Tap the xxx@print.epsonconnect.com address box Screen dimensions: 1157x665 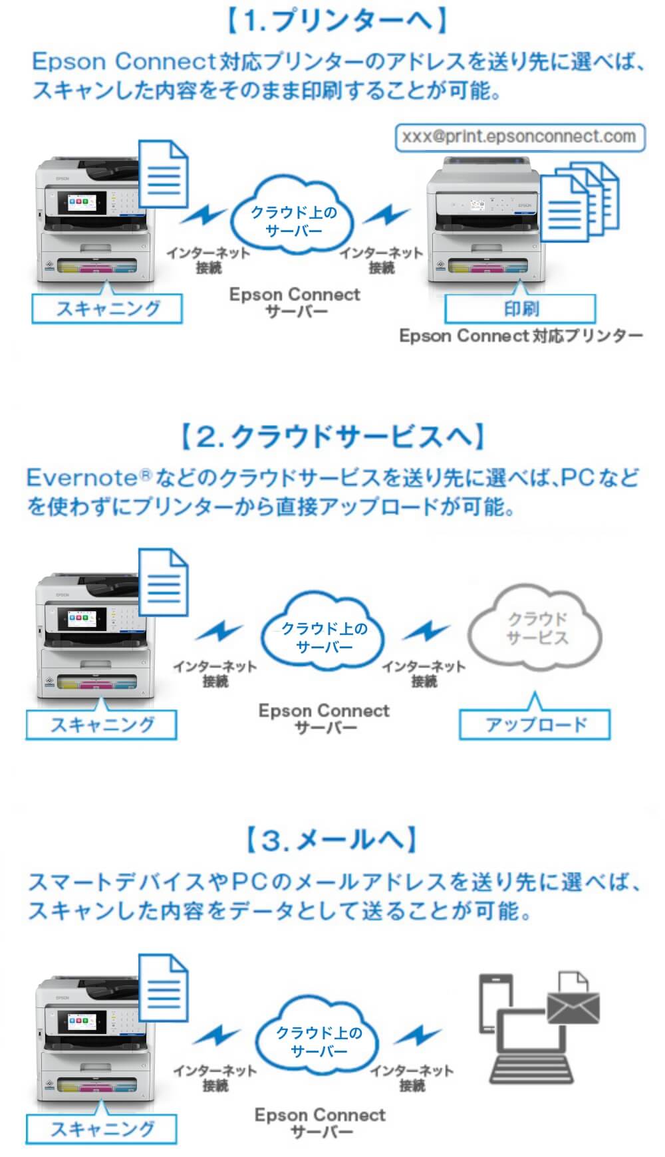coord(519,137)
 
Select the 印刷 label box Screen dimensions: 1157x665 coord(520,309)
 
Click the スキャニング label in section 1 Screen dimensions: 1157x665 coord(107,309)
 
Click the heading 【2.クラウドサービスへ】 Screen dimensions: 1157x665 coord(332,437)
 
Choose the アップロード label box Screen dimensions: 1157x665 coord(535,725)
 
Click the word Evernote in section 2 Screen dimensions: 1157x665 coord(81,477)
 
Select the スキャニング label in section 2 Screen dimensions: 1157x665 coord(102,725)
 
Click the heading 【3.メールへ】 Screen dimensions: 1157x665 coord(332,840)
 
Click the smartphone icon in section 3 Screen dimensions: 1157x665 coord(495,1001)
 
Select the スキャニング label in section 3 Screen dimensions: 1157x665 coord(102,1128)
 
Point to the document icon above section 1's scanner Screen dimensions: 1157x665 coord(164,174)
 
